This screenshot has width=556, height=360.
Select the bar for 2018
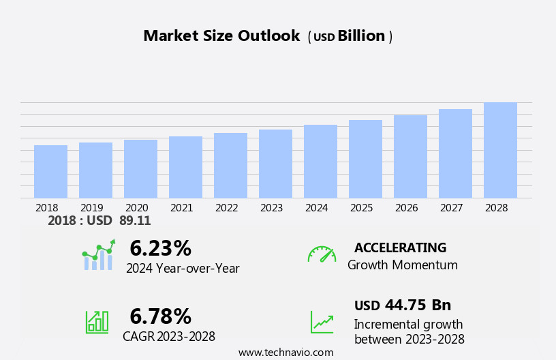coord(50,172)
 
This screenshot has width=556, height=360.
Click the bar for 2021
coord(185,167)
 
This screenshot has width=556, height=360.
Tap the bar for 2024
coord(320,162)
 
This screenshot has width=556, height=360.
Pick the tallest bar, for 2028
coord(500,150)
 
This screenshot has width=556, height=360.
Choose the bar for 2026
coord(410,157)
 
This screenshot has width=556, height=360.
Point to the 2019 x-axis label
coord(91,208)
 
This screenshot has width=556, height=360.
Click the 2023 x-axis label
coord(271,208)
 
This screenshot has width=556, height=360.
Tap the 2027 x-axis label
coord(451,208)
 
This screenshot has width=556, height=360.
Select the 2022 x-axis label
coord(226,208)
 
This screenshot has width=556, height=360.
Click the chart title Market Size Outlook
coord(221,36)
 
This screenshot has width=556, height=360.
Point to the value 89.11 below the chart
coord(135,221)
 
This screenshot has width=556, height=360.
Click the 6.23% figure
coord(160,248)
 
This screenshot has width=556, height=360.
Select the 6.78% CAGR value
coord(160,316)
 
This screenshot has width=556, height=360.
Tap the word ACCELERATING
coord(400,248)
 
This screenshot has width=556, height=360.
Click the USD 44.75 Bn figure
coord(402,305)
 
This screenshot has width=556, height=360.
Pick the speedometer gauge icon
coord(322,254)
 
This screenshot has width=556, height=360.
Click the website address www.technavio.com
coord(285,352)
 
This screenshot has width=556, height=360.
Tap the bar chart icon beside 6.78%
coord(97,321)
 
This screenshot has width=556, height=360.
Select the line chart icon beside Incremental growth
coord(322,321)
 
